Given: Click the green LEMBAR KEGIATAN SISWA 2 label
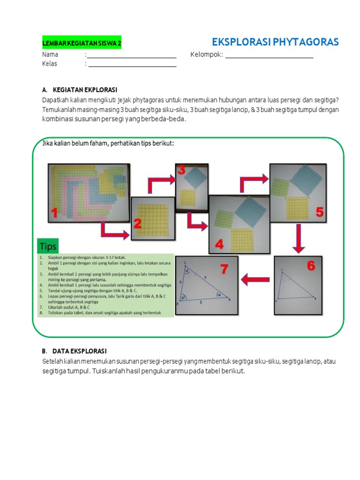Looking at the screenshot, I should tap(82, 44).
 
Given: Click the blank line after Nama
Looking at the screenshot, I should tap(132, 57).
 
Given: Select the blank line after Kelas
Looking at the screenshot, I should tap(132, 66).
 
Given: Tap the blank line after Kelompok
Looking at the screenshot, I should tap(269, 57).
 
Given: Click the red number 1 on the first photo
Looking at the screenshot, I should tap(54, 214).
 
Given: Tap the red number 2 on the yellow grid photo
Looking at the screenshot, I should tap(137, 224).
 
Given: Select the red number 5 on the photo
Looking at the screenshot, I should tap(319, 212).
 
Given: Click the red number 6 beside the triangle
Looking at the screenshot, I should tap(311, 266).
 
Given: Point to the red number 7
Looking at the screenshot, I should tap(224, 269).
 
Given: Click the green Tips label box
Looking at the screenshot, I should tap(48, 246).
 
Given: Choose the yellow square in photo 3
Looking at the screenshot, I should tap(187, 197).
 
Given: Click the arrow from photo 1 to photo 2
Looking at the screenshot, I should tap(114, 232).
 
